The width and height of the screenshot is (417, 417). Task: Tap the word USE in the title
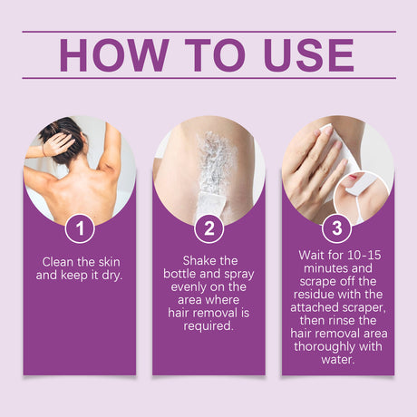point(309,54)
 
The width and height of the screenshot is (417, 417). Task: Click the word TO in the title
point(215,54)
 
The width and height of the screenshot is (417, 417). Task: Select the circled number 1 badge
point(80,228)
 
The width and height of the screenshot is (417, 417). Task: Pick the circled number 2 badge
point(208,228)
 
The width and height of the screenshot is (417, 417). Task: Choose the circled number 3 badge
point(337,228)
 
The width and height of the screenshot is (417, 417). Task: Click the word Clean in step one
point(58,262)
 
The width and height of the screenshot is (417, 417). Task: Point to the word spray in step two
point(238,275)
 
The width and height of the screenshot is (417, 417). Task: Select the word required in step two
point(208,326)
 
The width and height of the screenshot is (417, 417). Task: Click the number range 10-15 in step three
point(364,255)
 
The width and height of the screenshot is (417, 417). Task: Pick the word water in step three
point(337,360)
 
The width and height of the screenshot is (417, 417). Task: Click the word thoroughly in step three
point(325,346)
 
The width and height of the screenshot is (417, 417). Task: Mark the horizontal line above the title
point(208,31)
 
